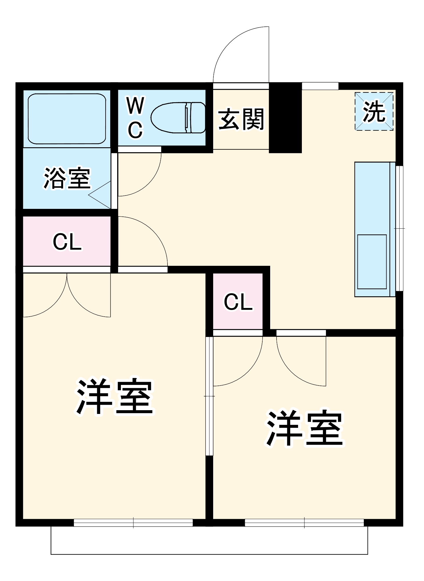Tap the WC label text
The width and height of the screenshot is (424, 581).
136,118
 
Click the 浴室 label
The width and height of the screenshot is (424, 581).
67,178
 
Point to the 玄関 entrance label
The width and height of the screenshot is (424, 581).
241,119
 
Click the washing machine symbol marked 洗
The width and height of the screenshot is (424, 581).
374,111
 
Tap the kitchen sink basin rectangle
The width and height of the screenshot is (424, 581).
372,262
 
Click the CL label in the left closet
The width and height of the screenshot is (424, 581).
67,242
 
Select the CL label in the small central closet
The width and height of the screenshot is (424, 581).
238,302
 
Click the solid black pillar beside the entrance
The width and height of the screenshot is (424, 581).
285,118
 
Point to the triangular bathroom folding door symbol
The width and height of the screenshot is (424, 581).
100,195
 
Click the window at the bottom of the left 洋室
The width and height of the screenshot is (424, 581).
133,523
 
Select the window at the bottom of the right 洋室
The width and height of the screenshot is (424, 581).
304,523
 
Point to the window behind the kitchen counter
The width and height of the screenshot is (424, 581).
400,228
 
